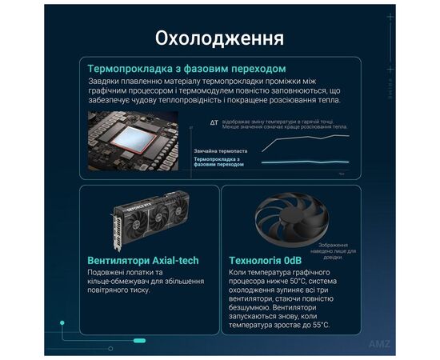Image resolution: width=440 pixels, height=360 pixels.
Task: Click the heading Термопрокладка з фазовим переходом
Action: pos(187,69)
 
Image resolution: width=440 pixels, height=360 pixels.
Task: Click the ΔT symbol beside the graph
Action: pos(214,123)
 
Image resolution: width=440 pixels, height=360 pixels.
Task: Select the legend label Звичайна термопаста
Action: pos(220,150)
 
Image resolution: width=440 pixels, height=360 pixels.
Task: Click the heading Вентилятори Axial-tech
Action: pos(142,261)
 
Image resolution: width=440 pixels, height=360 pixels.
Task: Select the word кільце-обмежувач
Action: pos(119,284)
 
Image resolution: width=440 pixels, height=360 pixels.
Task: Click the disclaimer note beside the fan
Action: pos(334,250)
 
